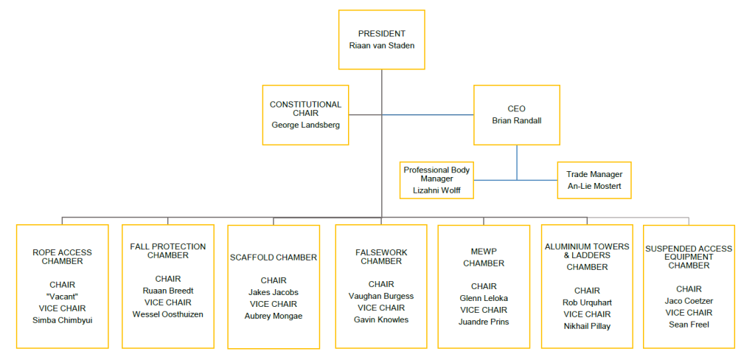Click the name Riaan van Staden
(x=381, y=45)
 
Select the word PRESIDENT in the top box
(x=381, y=33)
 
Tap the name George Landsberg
(x=306, y=125)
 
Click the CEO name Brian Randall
(x=516, y=120)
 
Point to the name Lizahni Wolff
(x=436, y=190)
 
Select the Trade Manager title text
(x=594, y=174)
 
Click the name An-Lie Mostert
(x=594, y=186)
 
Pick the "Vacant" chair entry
(x=63, y=297)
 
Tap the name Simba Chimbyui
(x=63, y=320)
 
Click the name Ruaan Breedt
(x=167, y=291)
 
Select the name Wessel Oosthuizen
(x=167, y=314)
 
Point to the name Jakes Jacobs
(x=274, y=292)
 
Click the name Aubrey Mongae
(x=274, y=316)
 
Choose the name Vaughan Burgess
(x=381, y=296)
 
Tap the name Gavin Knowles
(x=381, y=319)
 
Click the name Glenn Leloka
(x=484, y=298)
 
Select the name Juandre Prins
(x=484, y=322)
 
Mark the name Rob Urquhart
(x=588, y=302)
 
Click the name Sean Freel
(x=689, y=325)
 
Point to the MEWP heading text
(x=484, y=252)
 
